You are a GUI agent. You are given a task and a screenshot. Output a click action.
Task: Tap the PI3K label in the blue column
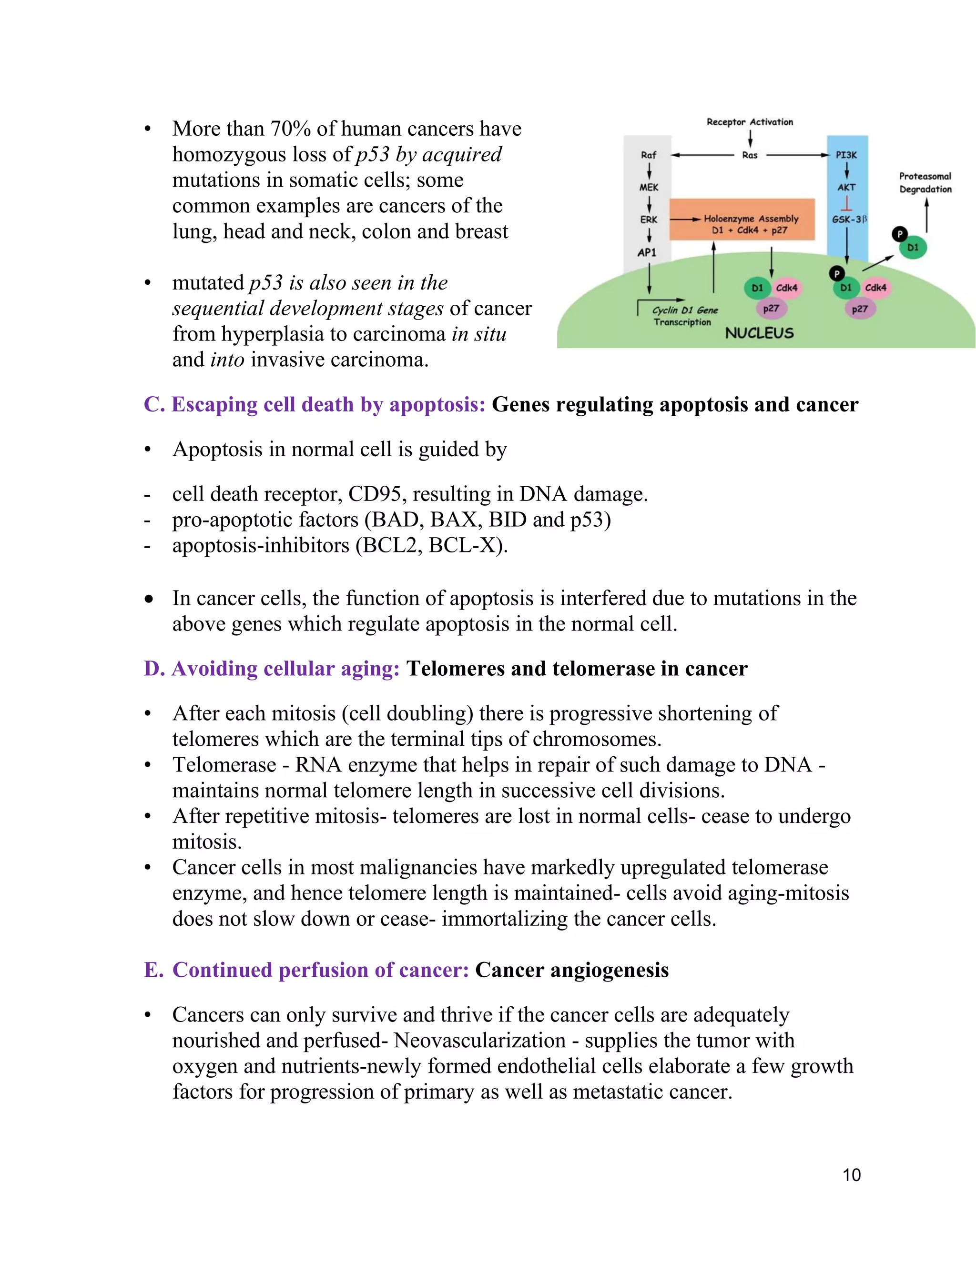(x=846, y=155)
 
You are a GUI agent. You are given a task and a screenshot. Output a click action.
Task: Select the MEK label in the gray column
(x=648, y=187)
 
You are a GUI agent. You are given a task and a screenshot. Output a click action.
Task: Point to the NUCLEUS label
(x=759, y=333)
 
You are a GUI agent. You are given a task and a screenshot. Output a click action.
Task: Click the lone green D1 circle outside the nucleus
(x=913, y=247)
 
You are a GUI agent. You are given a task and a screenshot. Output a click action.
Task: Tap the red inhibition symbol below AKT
(x=846, y=203)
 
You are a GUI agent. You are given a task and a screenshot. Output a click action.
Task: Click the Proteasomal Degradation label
(x=925, y=182)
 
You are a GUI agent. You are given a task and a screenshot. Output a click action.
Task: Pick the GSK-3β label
(x=848, y=220)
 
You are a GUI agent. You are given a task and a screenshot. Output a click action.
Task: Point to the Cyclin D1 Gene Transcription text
(x=684, y=316)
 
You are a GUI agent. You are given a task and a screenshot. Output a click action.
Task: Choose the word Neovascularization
(x=479, y=1040)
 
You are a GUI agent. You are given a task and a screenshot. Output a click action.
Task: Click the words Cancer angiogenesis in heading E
(x=571, y=970)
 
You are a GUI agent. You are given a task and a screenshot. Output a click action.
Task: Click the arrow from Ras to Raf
(x=702, y=155)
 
